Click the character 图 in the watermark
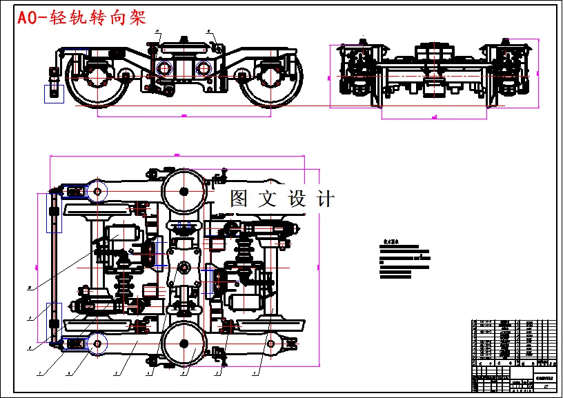pos(238,199)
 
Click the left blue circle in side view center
pos(165,68)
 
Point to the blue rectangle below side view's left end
pos(54,93)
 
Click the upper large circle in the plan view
pos(184,190)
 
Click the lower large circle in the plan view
pos(184,343)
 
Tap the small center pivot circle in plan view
pos(184,267)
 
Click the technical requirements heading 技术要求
pos(391,243)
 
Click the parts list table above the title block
pos(513,342)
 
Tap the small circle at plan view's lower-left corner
pos(96,342)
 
